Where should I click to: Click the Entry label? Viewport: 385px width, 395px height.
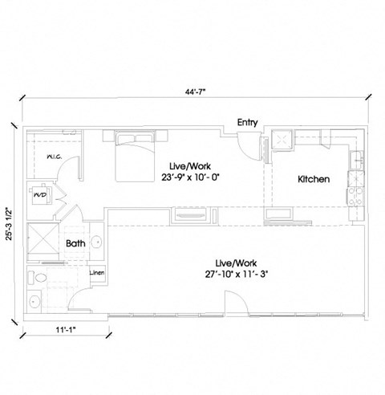pyautogui.click(x=247, y=123)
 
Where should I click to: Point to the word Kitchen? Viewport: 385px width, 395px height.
pyautogui.click(x=314, y=180)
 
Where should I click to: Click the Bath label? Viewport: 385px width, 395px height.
pyautogui.click(x=75, y=242)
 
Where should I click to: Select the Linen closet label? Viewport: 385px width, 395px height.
pyautogui.click(x=96, y=274)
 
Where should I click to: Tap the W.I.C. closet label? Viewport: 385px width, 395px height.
pyautogui.click(x=55, y=157)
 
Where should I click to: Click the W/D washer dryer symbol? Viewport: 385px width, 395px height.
pyautogui.click(x=39, y=194)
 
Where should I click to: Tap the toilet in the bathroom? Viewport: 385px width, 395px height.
pyautogui.click(x=36, y=278)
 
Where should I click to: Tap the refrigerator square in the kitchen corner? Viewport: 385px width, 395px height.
pyautogui.click(x=283, y=142)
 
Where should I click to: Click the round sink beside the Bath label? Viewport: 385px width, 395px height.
pyautogui.click(x=95, y=241)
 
